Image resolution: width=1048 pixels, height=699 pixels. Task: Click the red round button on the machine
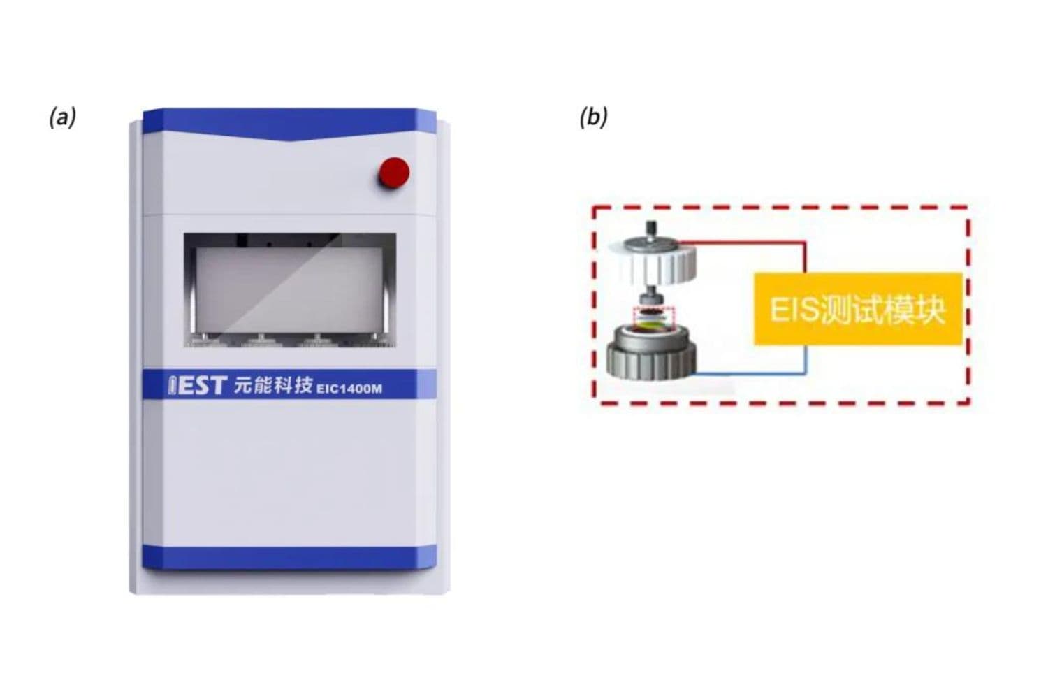[x=393, y=172]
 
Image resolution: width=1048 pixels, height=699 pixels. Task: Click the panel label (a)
[x=62, y=117]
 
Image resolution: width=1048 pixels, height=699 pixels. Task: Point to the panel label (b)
[x=593, y=117]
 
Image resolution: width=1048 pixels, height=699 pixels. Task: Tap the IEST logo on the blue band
[x=198, y=385]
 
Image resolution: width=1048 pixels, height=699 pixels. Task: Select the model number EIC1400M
[x=349, y=388]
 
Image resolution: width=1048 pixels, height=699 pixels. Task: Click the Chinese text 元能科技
[x=272, y=385]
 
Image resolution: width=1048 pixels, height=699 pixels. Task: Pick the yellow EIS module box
[x=858, y=309]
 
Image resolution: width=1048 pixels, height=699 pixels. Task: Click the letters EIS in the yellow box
[x=794, y=310]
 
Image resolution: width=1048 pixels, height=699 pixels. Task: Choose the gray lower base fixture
[x=652, y=355]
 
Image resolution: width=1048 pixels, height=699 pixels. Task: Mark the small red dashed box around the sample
[x=653, y=319]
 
